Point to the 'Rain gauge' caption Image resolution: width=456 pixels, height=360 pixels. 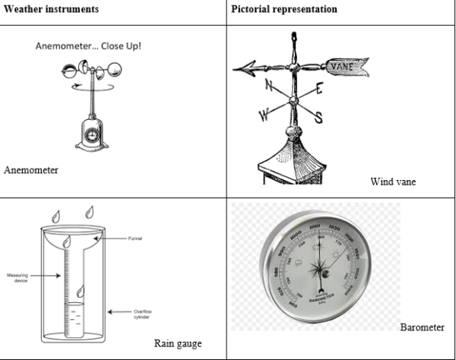coord(177,343)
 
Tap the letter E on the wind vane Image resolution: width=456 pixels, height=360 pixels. coord(317,89)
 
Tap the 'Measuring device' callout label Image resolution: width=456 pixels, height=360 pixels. coord(17,278)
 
